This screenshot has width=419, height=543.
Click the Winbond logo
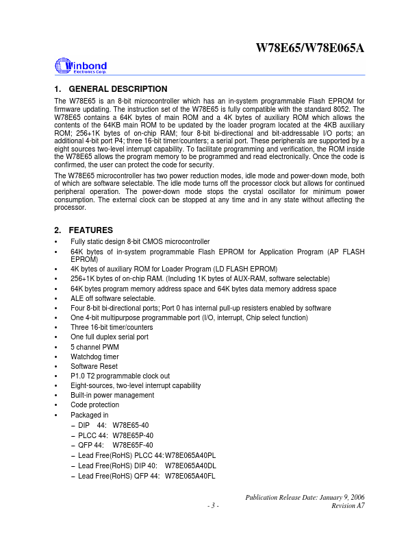tap(80, 67)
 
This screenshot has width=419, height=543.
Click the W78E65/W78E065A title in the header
tap(309, 48)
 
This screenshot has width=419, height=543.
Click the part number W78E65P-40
tap(133, 435)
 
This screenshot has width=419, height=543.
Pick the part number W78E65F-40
tap(133, 444)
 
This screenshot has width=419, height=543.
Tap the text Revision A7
tap(348, 505)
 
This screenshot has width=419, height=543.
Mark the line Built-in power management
tap(112, 395)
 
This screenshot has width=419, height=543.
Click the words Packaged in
tap(90, 415)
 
